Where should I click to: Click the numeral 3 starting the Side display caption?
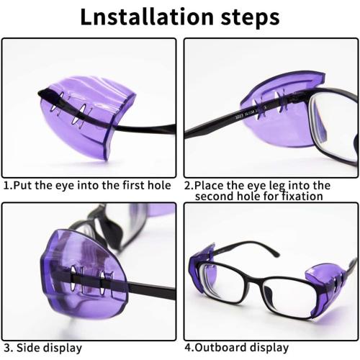coord(6,348)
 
